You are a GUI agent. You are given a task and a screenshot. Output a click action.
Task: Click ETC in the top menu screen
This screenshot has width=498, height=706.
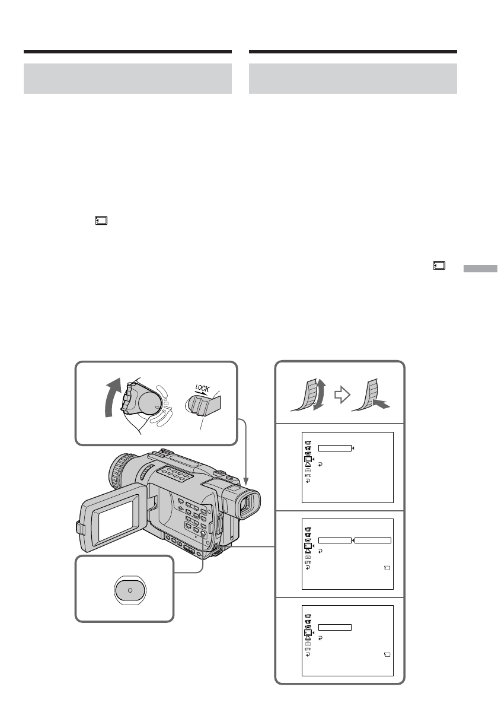[307, 476]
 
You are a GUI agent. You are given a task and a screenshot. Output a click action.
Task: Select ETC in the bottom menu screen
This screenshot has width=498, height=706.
[307, 649]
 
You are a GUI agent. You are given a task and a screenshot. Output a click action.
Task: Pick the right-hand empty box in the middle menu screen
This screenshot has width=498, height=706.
[373, 540]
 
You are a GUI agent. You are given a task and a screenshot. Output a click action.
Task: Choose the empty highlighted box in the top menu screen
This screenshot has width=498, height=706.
[334, 448]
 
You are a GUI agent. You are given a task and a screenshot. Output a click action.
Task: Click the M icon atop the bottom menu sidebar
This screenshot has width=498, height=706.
[307, 615]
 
